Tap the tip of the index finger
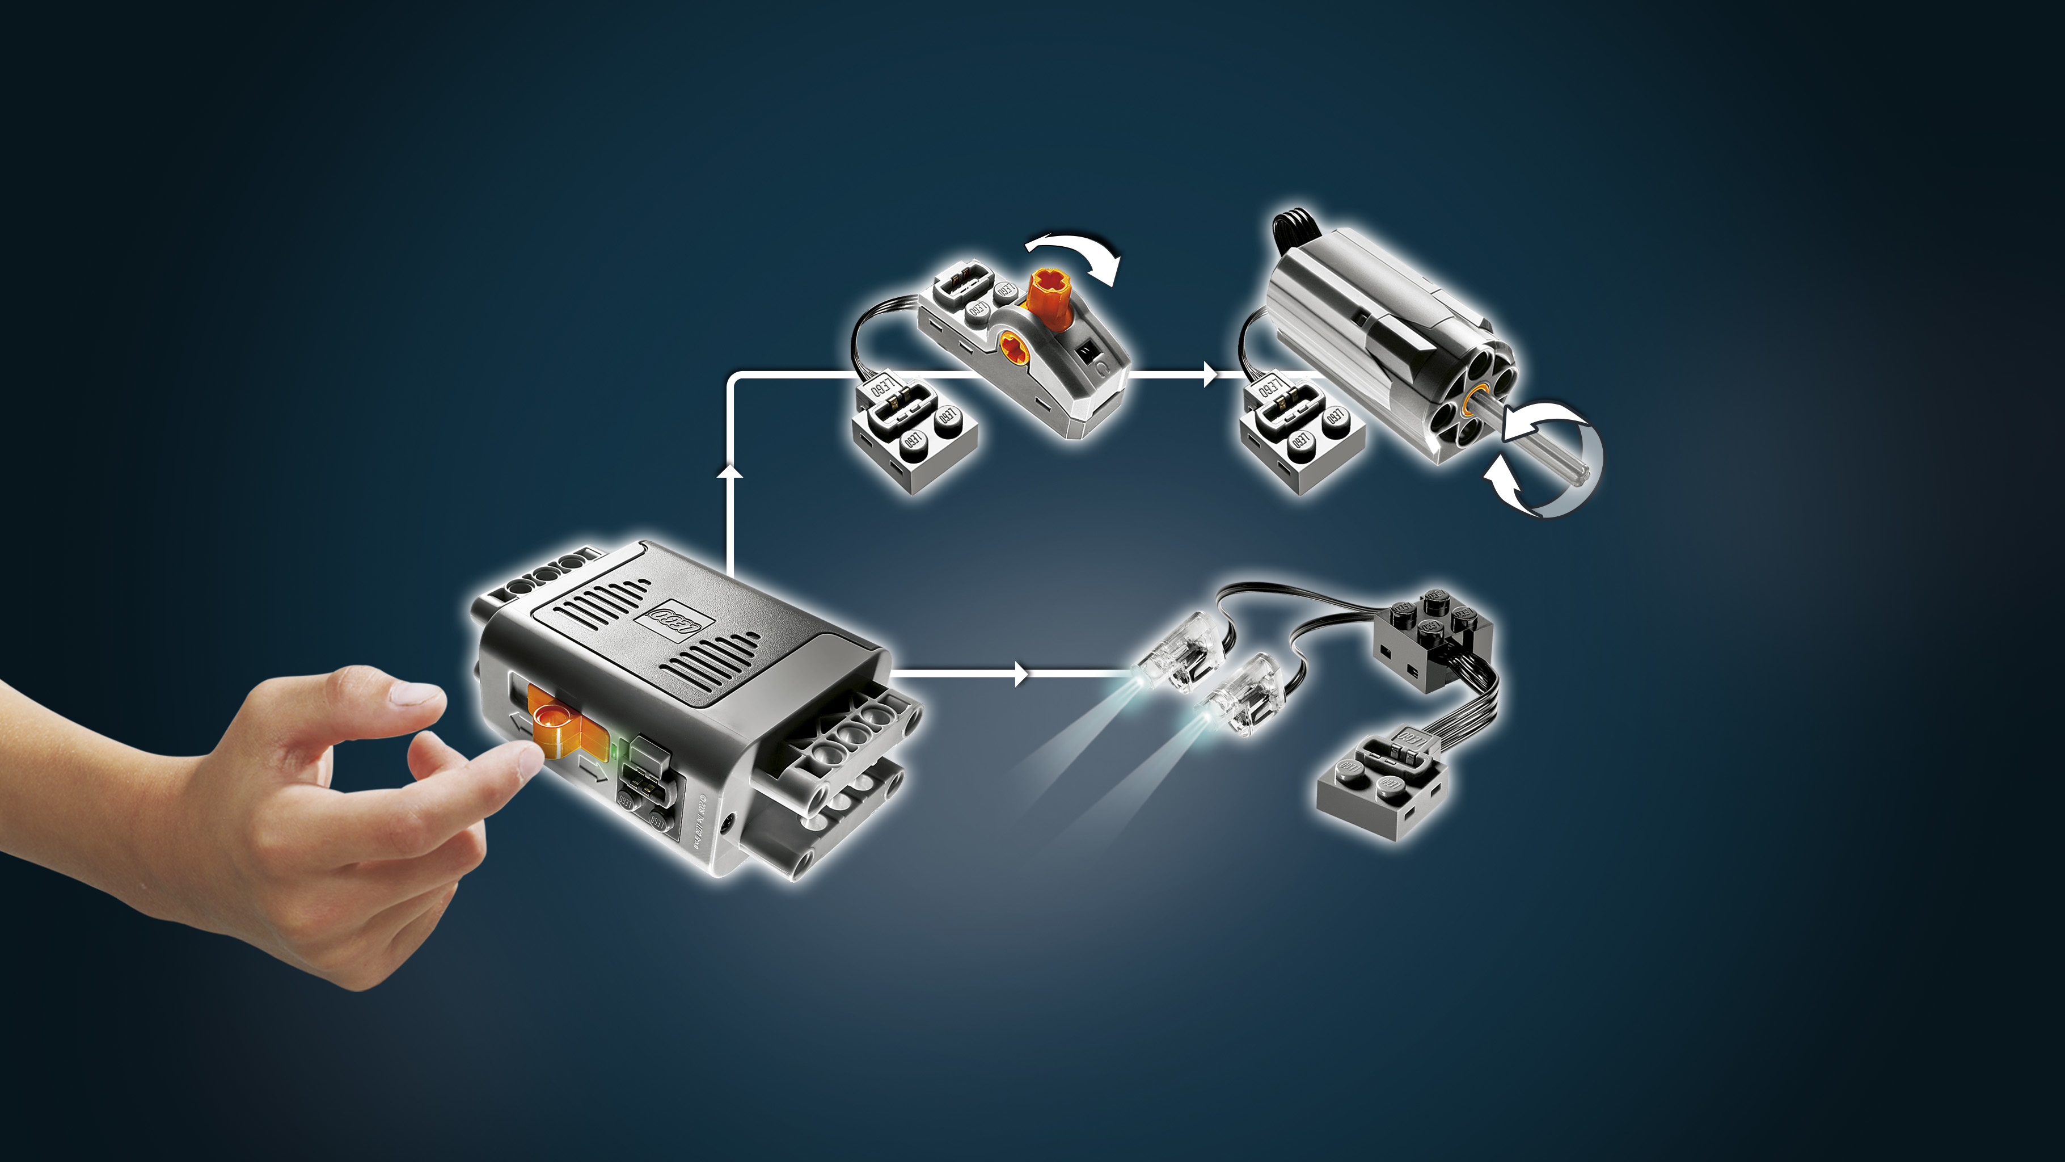525,758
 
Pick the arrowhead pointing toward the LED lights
1020,673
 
